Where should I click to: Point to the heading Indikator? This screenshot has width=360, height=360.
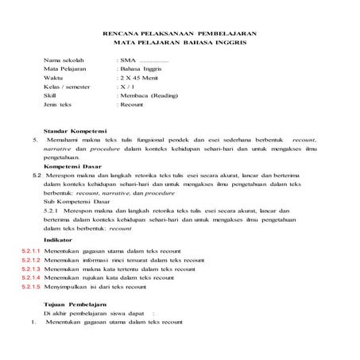point(57,238)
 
